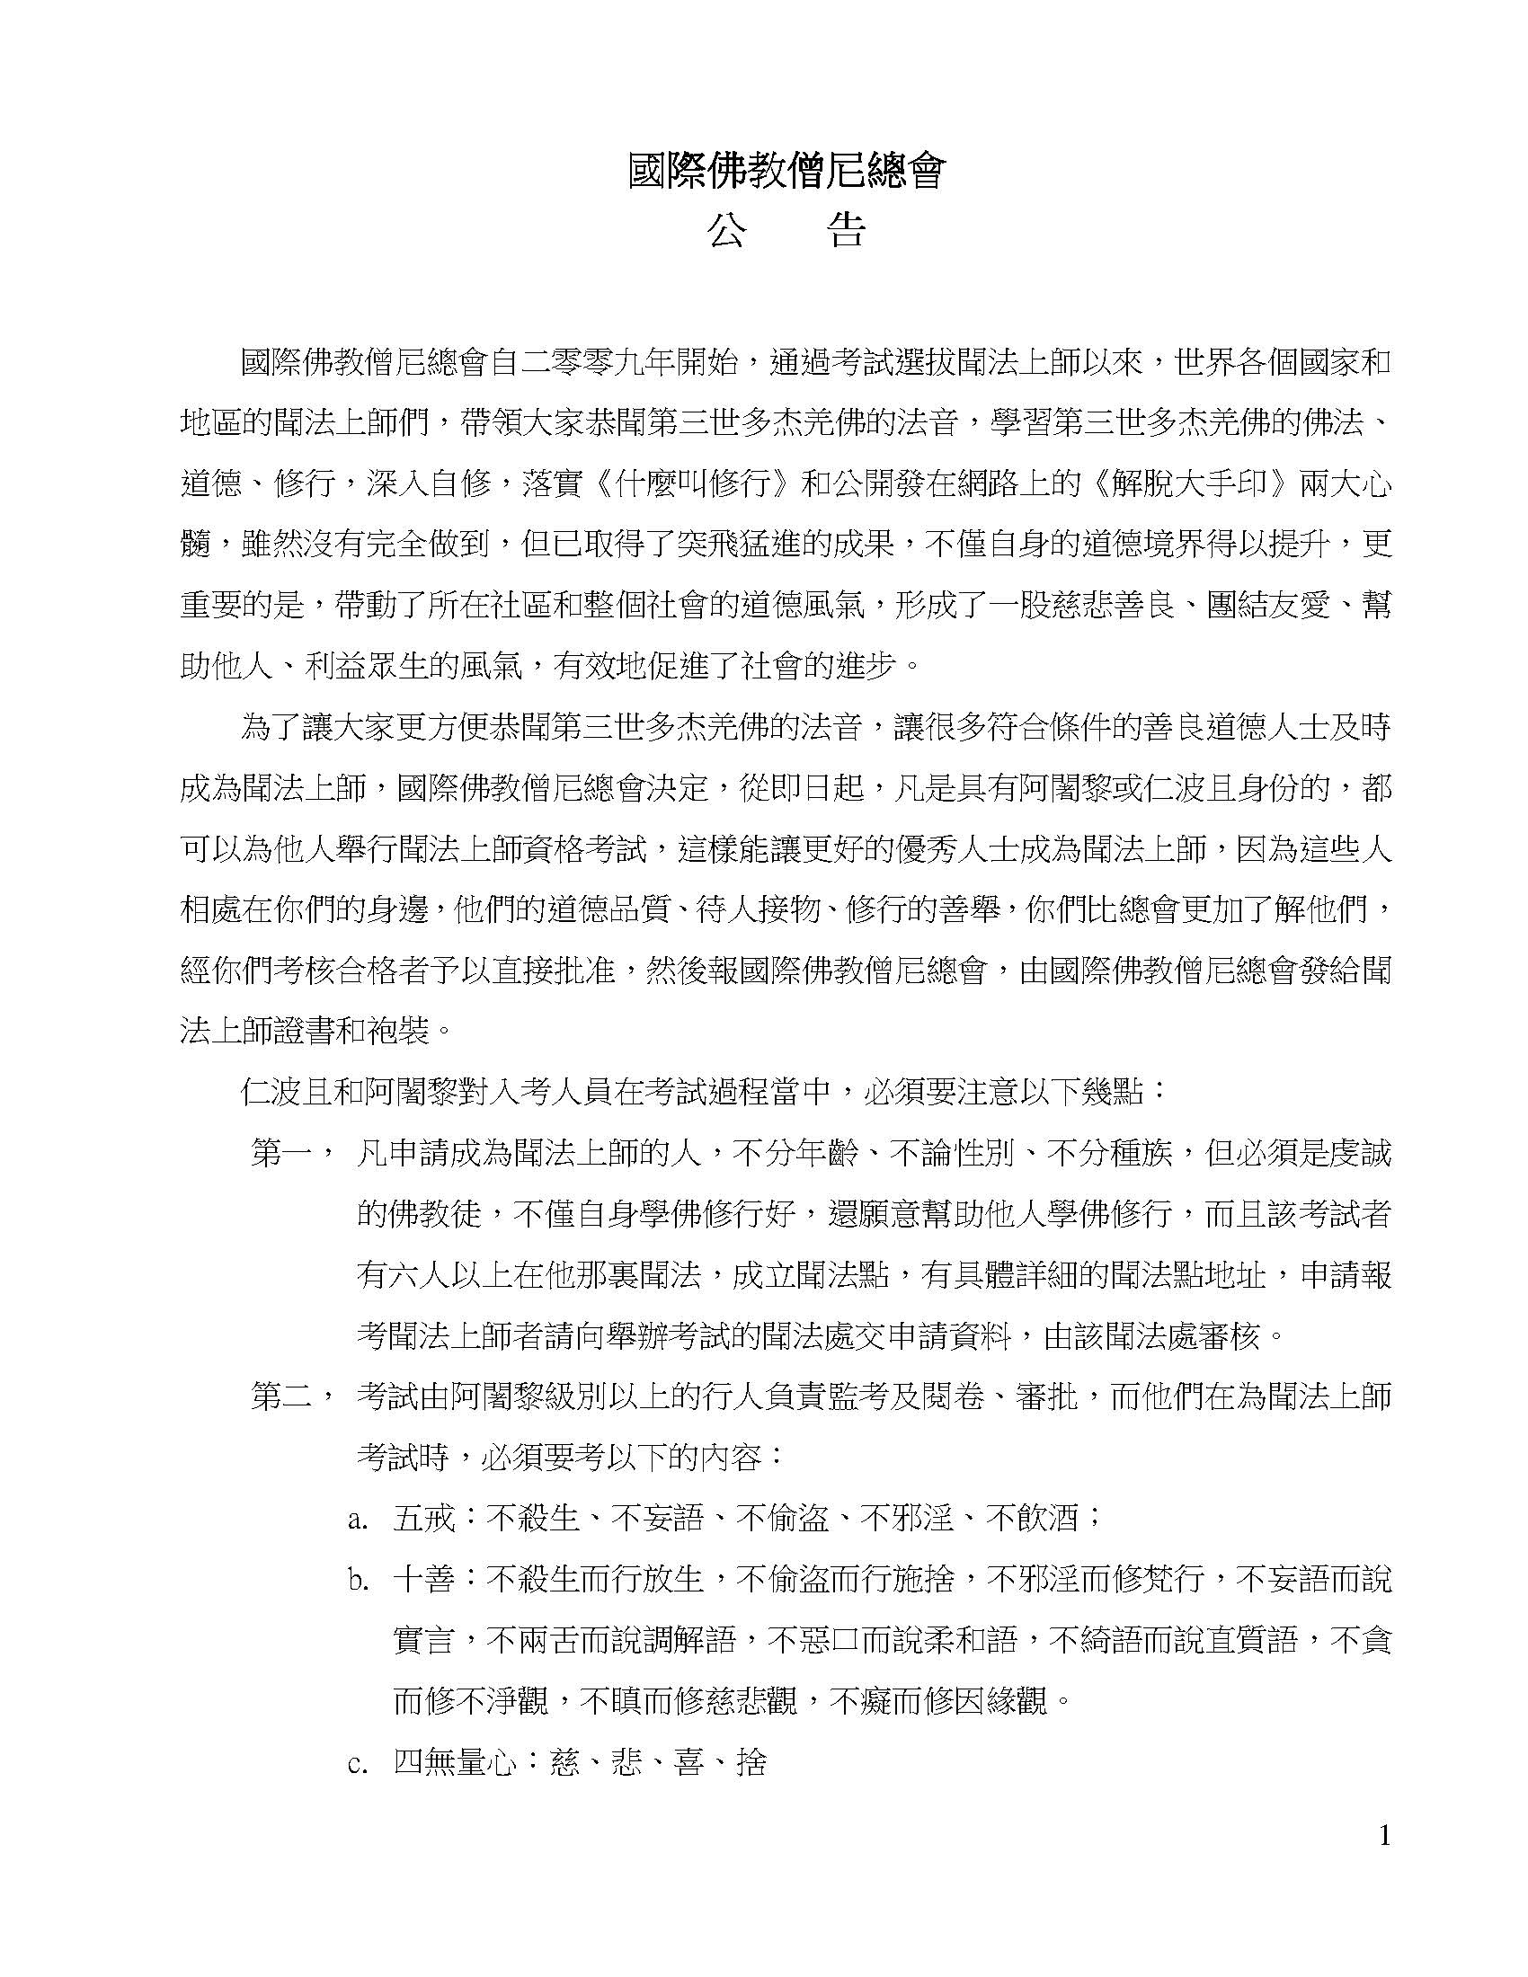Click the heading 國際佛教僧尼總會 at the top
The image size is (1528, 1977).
[x=786, y=170]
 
